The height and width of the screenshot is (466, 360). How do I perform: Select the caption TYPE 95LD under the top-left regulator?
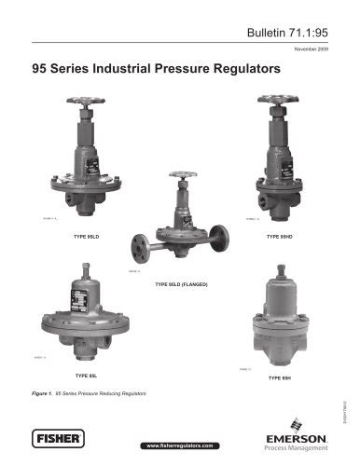pos(88,239)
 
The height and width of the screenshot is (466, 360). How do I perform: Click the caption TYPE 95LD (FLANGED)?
pos(179,282)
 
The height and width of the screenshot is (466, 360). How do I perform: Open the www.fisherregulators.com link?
pos(179,446)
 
